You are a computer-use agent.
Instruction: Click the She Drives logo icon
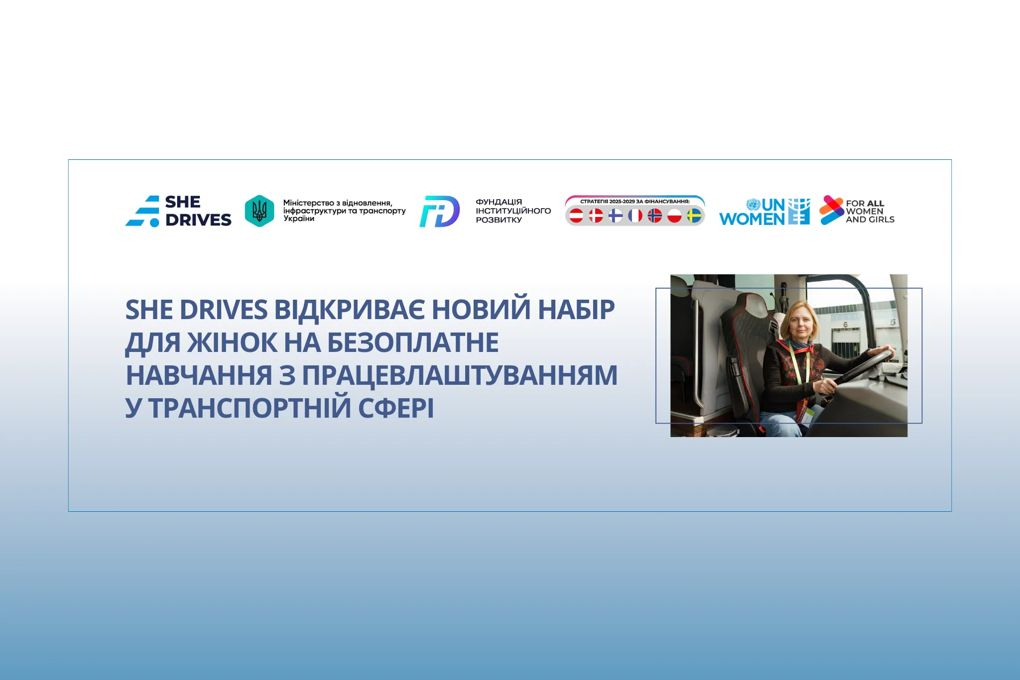click(x=142, y=211)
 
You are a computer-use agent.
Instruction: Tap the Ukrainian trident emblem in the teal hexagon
click(x=259, y=211)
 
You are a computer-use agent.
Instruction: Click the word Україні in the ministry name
click(x=299, y=219)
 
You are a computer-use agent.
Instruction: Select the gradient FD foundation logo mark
click(x=439, y=211)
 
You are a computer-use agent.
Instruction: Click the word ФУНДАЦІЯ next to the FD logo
click(x=499, y=202)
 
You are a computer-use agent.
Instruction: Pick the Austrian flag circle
click(x=576, y=216)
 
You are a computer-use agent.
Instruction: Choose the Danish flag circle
click(x=596, y=216)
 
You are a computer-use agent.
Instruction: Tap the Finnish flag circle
click(x=616, y=216)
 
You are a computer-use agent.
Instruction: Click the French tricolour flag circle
click(x=635, y=216)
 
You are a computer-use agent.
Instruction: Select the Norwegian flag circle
click(x=654, y=216)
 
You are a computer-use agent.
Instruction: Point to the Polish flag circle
click(x=674, y=216)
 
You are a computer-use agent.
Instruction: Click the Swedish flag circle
click(x=694, y=216)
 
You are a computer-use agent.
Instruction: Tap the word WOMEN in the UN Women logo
click(x=752, y=219)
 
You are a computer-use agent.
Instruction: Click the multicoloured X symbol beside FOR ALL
click(x=831, y=210)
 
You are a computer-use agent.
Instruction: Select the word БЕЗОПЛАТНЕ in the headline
click(x=413, y=342)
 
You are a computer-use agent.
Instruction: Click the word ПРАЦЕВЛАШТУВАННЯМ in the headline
click(x=460, y=375)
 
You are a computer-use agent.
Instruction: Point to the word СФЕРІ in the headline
click(x=396, y=408)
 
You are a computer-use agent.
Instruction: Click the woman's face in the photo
click(x=800, y=322)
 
